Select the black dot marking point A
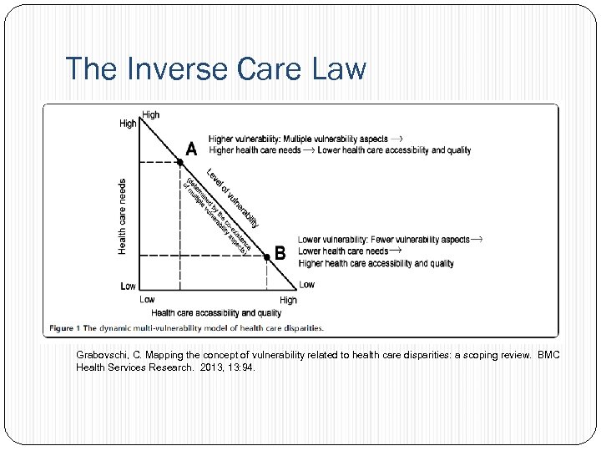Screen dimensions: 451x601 tap(179, 161)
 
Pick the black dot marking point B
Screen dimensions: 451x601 tap(266, 256)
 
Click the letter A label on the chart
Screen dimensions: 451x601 tap(191, 149)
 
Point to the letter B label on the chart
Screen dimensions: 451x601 tap(280, 251)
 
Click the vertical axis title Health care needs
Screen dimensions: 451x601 tap(123, 216)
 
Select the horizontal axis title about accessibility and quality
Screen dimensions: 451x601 tap(216, 313)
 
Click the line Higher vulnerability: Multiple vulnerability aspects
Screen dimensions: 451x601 tap(298, 139)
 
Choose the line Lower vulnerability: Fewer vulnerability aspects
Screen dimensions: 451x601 tap(384, 240)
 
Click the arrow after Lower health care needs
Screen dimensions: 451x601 tap(396, 251)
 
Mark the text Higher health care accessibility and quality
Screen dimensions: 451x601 tap(376, 263)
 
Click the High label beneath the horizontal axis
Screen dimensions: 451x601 tap(288, 300)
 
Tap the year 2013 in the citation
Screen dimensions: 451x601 tap(213, 367)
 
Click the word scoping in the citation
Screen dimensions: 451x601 tap(477, 355)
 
